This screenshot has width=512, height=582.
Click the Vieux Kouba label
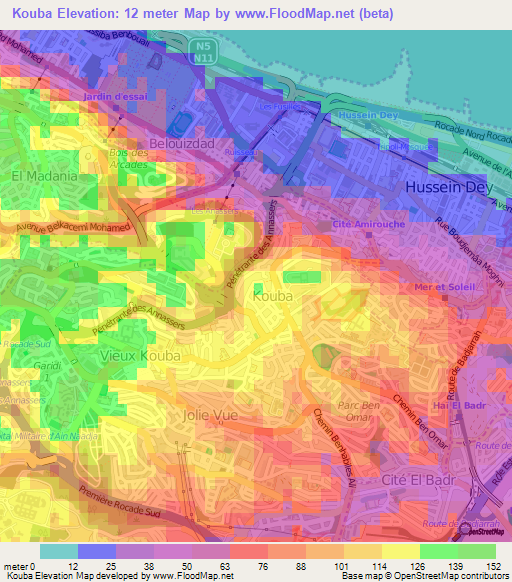click(141, 355)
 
